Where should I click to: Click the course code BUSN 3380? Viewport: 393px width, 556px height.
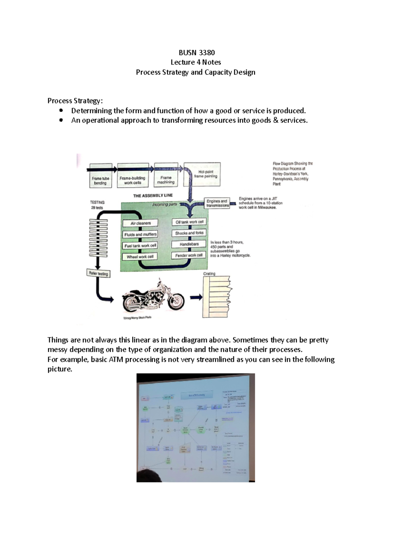(196, 53)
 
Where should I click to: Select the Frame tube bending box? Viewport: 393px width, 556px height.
(101, 180)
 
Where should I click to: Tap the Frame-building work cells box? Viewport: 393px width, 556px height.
(133, 180)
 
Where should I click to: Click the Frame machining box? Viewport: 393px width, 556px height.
(166, 179)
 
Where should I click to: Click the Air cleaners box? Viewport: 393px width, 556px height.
(140, 223)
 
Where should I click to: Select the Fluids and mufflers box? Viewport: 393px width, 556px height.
(140, 234)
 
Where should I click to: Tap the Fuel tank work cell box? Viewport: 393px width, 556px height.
(140, 246)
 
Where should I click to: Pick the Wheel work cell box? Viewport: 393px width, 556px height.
(140, 257)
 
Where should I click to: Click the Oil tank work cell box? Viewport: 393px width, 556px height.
(189, 222)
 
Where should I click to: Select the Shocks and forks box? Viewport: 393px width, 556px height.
(189, 233)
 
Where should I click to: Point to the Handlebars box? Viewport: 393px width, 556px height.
(189, 244)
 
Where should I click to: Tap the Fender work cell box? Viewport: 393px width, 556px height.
(189, 255)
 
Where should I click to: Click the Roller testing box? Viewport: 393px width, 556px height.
(98, 273)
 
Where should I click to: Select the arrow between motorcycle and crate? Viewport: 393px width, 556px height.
(196, 297)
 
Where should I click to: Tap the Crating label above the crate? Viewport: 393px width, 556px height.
(209, 274)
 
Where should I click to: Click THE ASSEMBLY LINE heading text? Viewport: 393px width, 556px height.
(153, 196)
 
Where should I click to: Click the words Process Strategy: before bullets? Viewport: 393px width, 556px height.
(75, 101)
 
